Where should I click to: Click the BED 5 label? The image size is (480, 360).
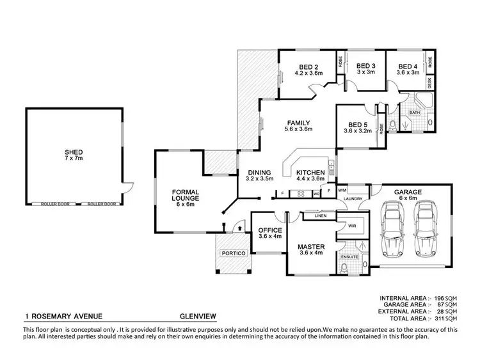(x=356, y=125)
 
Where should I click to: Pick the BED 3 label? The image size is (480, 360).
(x=365, y=66)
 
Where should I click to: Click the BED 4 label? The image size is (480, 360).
(x=408, y=66)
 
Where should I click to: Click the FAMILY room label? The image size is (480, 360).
(x=298, y=123)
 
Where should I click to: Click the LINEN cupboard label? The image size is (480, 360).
(x=321, y=216)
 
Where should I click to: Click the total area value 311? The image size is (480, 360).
(x=449, y=318)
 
